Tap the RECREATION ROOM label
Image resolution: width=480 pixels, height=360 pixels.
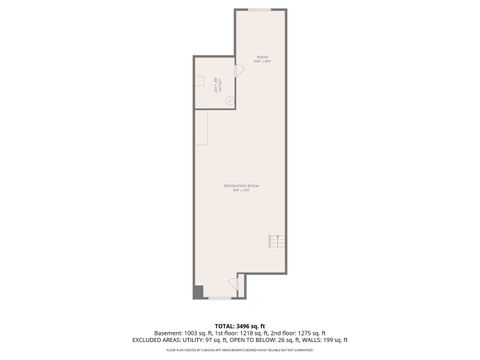tap(240, 186)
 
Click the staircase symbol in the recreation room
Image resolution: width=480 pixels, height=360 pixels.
tap(276, 242)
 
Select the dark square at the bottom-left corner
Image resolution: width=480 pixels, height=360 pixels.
tap(199, 291)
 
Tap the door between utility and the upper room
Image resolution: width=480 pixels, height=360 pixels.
tap(230, 100)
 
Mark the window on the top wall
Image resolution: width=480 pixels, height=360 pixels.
tap(260, 10)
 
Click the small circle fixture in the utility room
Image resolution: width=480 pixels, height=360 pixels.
tap(199, 79)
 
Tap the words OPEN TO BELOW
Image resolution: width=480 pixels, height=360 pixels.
tap(271, 340)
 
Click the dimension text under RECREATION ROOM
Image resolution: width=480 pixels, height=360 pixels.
tap(240, 192)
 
